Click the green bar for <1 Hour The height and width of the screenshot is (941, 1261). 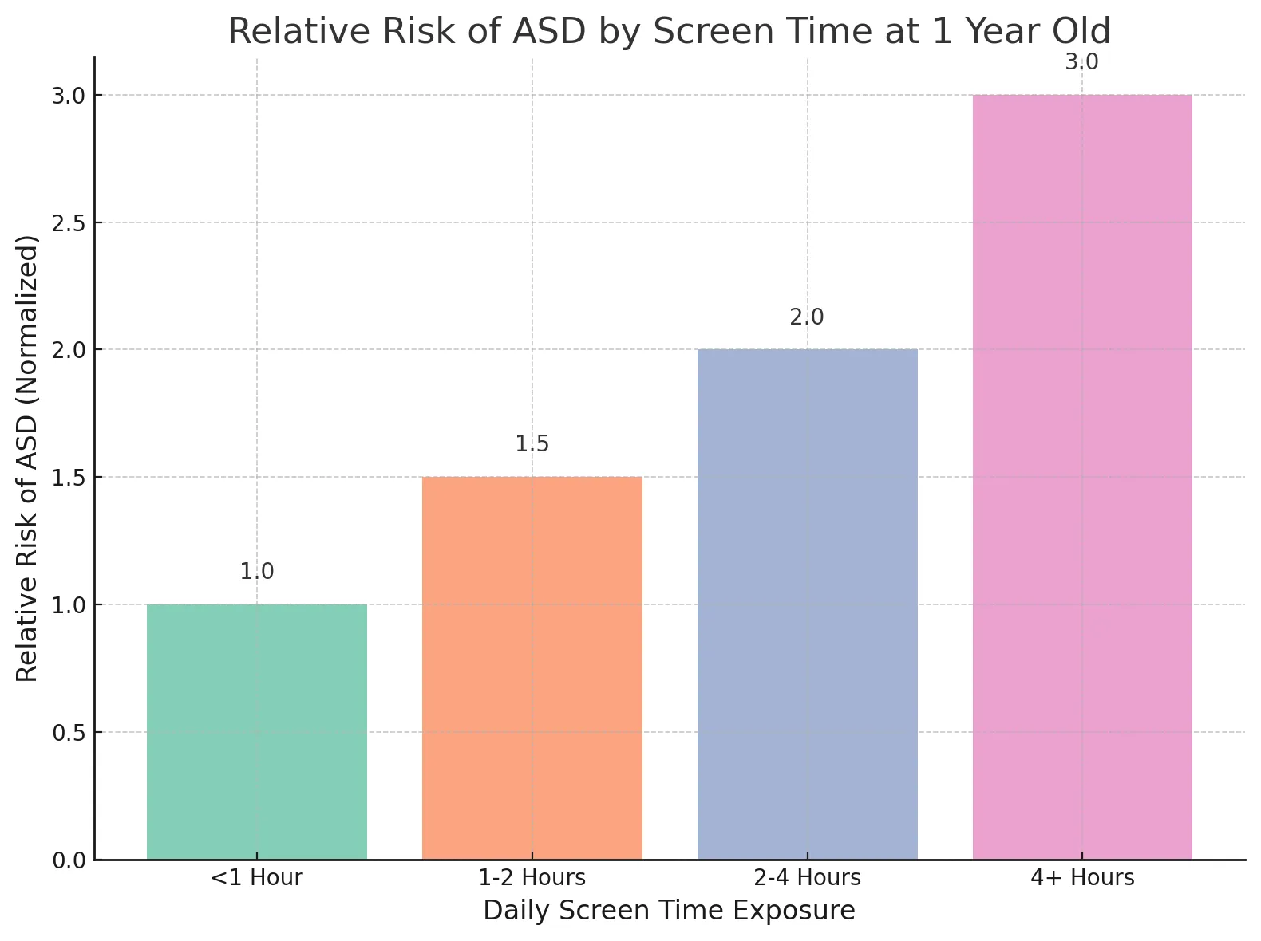[257, 731]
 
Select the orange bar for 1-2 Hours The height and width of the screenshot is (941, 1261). [532, 668]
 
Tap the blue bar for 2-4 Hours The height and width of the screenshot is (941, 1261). [807, 604]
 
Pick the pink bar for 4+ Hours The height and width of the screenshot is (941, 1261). [1082, 477]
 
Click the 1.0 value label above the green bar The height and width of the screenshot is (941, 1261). [257, 572]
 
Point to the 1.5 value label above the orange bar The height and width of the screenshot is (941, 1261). [532, 444]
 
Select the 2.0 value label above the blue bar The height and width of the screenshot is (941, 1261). [807, 317]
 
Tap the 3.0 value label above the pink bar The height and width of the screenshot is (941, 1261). [1081, 62]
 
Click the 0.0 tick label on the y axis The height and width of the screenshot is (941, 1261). [69, 860]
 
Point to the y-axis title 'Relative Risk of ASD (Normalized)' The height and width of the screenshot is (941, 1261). [26, 459]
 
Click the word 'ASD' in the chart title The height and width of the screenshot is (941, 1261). [548, 31]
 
